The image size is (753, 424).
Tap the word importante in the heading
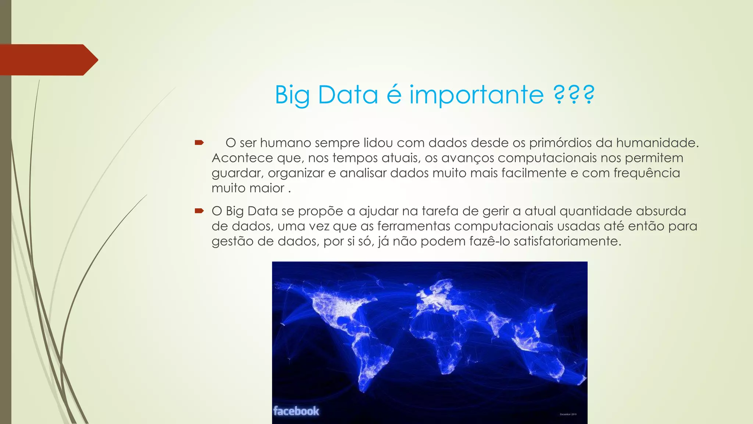[477, 95]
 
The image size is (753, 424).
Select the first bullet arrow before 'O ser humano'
[199, 142]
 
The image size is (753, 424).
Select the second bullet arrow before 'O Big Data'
[199, 211]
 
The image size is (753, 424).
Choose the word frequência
[647, 173]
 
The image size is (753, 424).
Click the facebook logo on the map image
[296, 411]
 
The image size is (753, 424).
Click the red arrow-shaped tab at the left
[48, 60]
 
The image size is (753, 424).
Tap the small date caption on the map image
[568, 414]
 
